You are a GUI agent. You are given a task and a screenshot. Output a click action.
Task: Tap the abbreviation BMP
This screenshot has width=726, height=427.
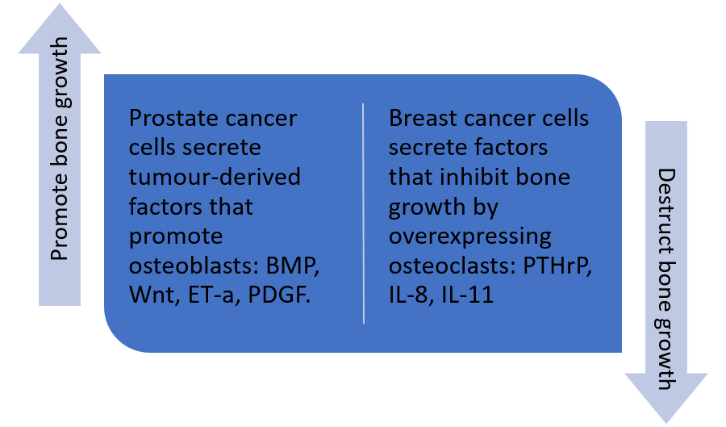coord(293,266)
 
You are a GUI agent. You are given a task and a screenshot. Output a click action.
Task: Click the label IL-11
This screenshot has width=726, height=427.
coord(468,295)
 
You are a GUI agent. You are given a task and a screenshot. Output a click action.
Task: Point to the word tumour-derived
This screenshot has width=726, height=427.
coord(215,177)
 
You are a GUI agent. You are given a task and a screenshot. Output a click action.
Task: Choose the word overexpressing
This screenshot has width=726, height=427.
coord(470,237)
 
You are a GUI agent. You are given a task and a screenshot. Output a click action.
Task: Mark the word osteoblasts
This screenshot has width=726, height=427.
coord(194,266)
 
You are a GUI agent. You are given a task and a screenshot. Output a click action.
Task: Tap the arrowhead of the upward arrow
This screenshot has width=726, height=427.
coord(60,29)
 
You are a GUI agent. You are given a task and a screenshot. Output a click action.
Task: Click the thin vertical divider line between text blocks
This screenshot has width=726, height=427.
coord(364,213)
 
